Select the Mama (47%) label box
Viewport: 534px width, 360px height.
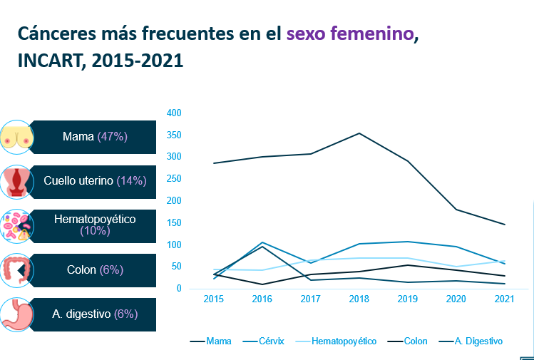click(95, 137)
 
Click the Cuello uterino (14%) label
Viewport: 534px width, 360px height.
click(95, 181)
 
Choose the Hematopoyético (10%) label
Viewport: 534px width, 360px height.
click(95, 225)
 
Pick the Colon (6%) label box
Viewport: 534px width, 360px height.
click(95, 269)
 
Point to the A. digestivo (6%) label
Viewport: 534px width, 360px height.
click(95, 314)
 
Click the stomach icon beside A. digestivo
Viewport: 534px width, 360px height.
click(16, 314)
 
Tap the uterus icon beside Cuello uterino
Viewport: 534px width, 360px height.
click(16, 182)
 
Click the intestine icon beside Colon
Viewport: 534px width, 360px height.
click(16, 270)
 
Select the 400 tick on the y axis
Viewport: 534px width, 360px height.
click(174, 113)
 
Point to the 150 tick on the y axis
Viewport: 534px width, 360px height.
click(174, 222)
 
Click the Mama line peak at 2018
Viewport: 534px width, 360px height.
click(359, 133)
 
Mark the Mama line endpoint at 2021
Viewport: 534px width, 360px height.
click(505, 225)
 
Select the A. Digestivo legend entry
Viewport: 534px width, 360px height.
click(478, 341)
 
